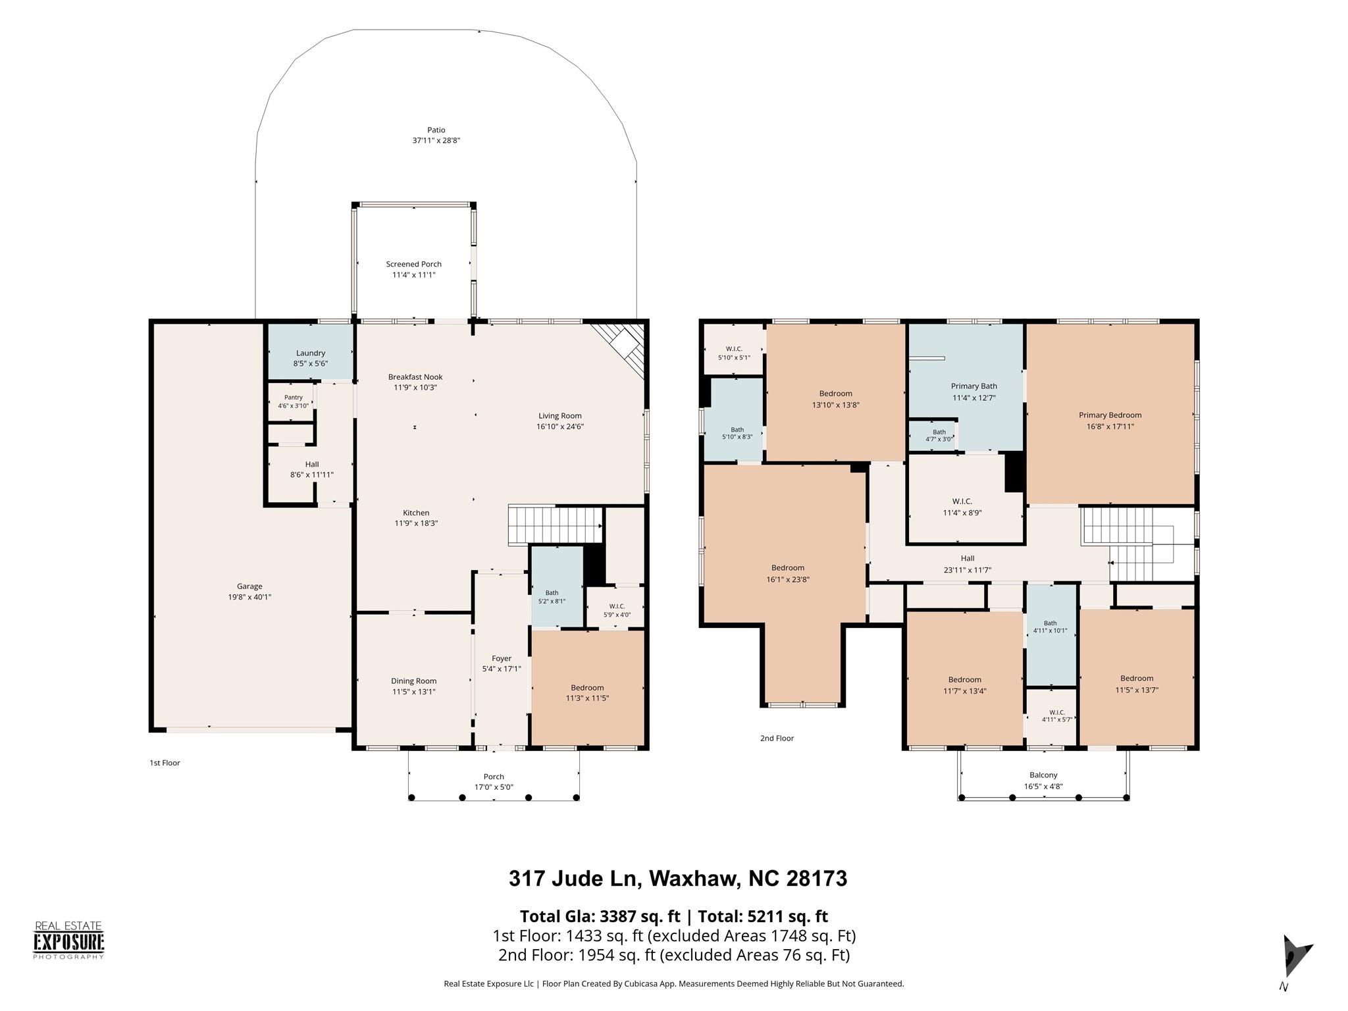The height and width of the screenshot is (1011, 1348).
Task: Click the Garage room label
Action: pyautogui.click(x=249, y=586)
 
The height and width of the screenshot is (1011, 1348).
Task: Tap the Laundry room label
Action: pyautogui.click(x=311, y=353)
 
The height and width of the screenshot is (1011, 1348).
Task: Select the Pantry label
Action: pyautogui.click(x=294, y=398)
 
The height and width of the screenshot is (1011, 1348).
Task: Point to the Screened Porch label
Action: pyautogui.click(x=414, y=264)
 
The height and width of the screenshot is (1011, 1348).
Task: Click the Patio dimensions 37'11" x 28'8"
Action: pyautogui.click(x=436, y=141)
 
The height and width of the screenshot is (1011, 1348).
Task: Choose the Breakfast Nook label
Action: pyautogui.click(x=415, y=377)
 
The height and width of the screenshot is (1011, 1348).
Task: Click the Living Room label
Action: pyautogui.click(x=560, y=416)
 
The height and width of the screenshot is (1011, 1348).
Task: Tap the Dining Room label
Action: pyautogui.click(x=414, y=681)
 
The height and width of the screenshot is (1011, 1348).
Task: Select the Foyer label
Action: pyautogui.click(x=502, y=658)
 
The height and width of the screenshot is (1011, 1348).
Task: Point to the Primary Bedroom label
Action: pyautogui.click(x=1110, y=415)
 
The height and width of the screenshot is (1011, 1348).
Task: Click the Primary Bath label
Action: pyautogui.click(x=974, y=386)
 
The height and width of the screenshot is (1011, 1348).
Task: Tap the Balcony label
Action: pyautogui.click(x=1044, y=775)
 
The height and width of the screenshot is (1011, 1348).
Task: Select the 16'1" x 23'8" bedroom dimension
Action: pyautogui.click(x=788, y=580)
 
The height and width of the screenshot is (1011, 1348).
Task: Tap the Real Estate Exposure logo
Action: pyautogui.click(x=69, y=941)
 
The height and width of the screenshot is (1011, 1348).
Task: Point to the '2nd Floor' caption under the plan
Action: pyautogui.click(x=777, y=739)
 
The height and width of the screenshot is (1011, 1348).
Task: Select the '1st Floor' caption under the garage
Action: pyautogui.click(x=165, y=763)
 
